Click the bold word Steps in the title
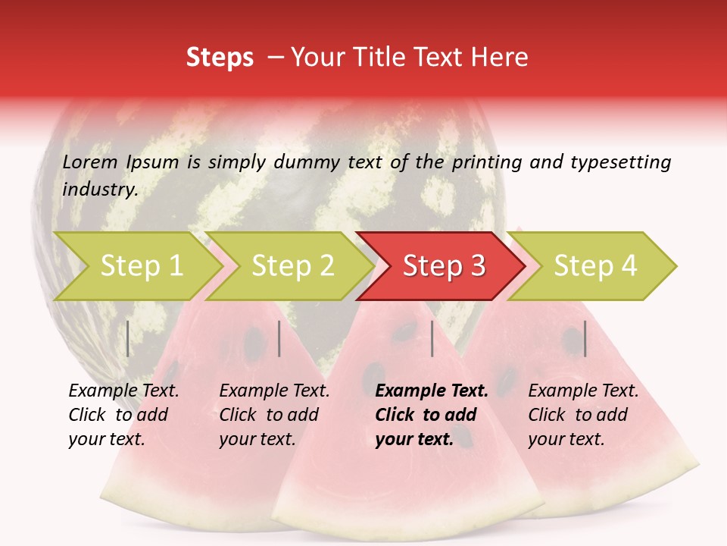tap(220, 58)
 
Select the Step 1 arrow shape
tap(136, 266)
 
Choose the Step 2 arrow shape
tap(292, 266)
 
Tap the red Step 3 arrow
tap(443, 266)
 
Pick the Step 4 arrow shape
tap(594, 266)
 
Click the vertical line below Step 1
tap(128, 338)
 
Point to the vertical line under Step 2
tap(279, 338)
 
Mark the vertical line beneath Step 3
tap(432, 338)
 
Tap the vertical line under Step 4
tap(585, 338)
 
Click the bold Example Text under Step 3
tap(432, 391)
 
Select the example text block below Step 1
tap(123, 415)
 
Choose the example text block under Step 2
tap(274, 415)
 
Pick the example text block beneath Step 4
tap(583, 415)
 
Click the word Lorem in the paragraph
tap(90, 162)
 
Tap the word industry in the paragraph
tap(99, 189)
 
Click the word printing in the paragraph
tap(486, 162)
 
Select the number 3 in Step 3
tap(476, 266)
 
